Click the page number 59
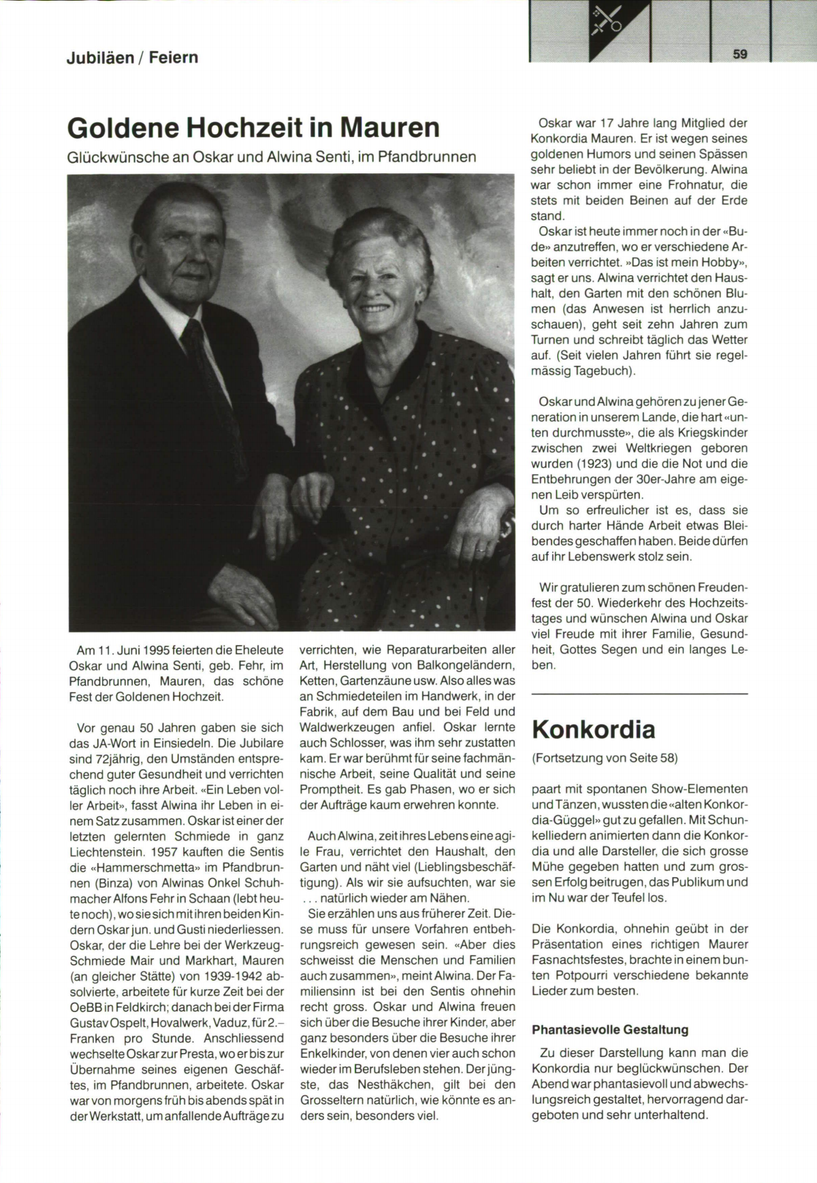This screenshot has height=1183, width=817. tap(741, 54)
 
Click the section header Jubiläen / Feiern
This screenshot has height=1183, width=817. tap(132, 58)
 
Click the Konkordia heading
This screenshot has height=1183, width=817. tap(593, 729)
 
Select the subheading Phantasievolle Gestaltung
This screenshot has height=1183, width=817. tap(610, 1030)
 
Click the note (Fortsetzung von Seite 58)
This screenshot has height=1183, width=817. tap(605, 758)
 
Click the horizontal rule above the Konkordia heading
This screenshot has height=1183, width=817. tap(639, 694)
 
